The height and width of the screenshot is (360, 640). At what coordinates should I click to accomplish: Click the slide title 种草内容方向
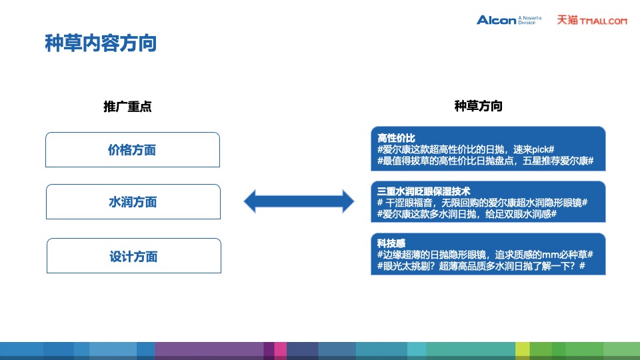point(101,43)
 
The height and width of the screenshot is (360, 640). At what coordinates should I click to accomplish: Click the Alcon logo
point(497,20)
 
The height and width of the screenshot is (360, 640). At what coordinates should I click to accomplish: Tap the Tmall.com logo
point(592,20)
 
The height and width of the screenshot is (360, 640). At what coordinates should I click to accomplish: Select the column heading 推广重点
point(127,107)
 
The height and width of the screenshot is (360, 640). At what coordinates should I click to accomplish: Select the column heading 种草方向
point(478,107)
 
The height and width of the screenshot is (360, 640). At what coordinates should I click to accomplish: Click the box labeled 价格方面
point(132,150)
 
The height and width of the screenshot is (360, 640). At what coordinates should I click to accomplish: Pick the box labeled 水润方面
point(132,202)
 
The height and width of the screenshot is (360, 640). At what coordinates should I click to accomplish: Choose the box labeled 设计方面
point(133,256)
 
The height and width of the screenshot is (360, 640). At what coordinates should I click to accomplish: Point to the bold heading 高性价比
point(396,138)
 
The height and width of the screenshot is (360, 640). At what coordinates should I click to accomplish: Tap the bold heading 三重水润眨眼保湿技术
point(423,191)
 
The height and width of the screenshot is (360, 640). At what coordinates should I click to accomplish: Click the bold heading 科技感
point(391,243)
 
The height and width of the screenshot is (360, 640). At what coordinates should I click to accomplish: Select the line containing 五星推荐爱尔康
point(485,162)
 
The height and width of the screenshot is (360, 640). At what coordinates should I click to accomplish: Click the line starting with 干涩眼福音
point(482,203)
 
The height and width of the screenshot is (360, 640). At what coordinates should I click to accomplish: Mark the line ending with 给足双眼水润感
point(467,215)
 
